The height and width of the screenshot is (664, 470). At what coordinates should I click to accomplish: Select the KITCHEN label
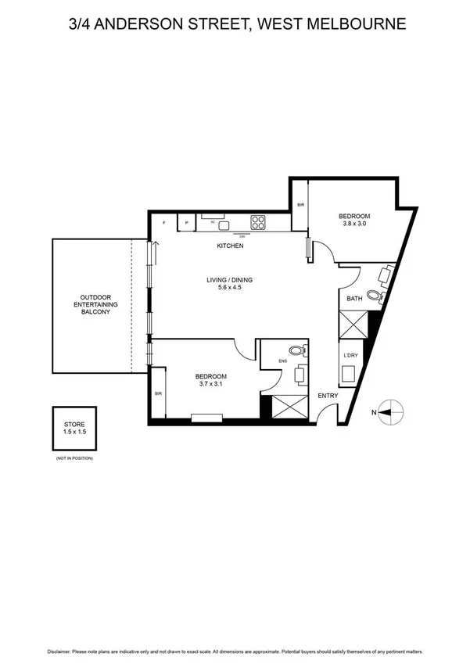pos(230,246)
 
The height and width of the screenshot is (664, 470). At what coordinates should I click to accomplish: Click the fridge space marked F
pos(163,224)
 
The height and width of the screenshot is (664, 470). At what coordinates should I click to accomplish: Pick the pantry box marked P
pos(186,224)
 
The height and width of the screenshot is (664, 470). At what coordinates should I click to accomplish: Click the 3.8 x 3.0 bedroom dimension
pos(353,224)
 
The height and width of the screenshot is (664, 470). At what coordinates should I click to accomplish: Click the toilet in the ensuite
pos(295,351)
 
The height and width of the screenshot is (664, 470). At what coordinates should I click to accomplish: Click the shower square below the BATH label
pos(353,323)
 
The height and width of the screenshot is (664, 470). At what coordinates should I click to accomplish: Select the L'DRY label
pos(350,356)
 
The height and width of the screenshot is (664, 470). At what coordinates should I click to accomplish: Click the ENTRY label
pos(328,396)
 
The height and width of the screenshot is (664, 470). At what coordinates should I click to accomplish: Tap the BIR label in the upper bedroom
pos(300,206)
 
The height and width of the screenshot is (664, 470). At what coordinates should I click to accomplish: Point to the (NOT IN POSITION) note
pos(74,458)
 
